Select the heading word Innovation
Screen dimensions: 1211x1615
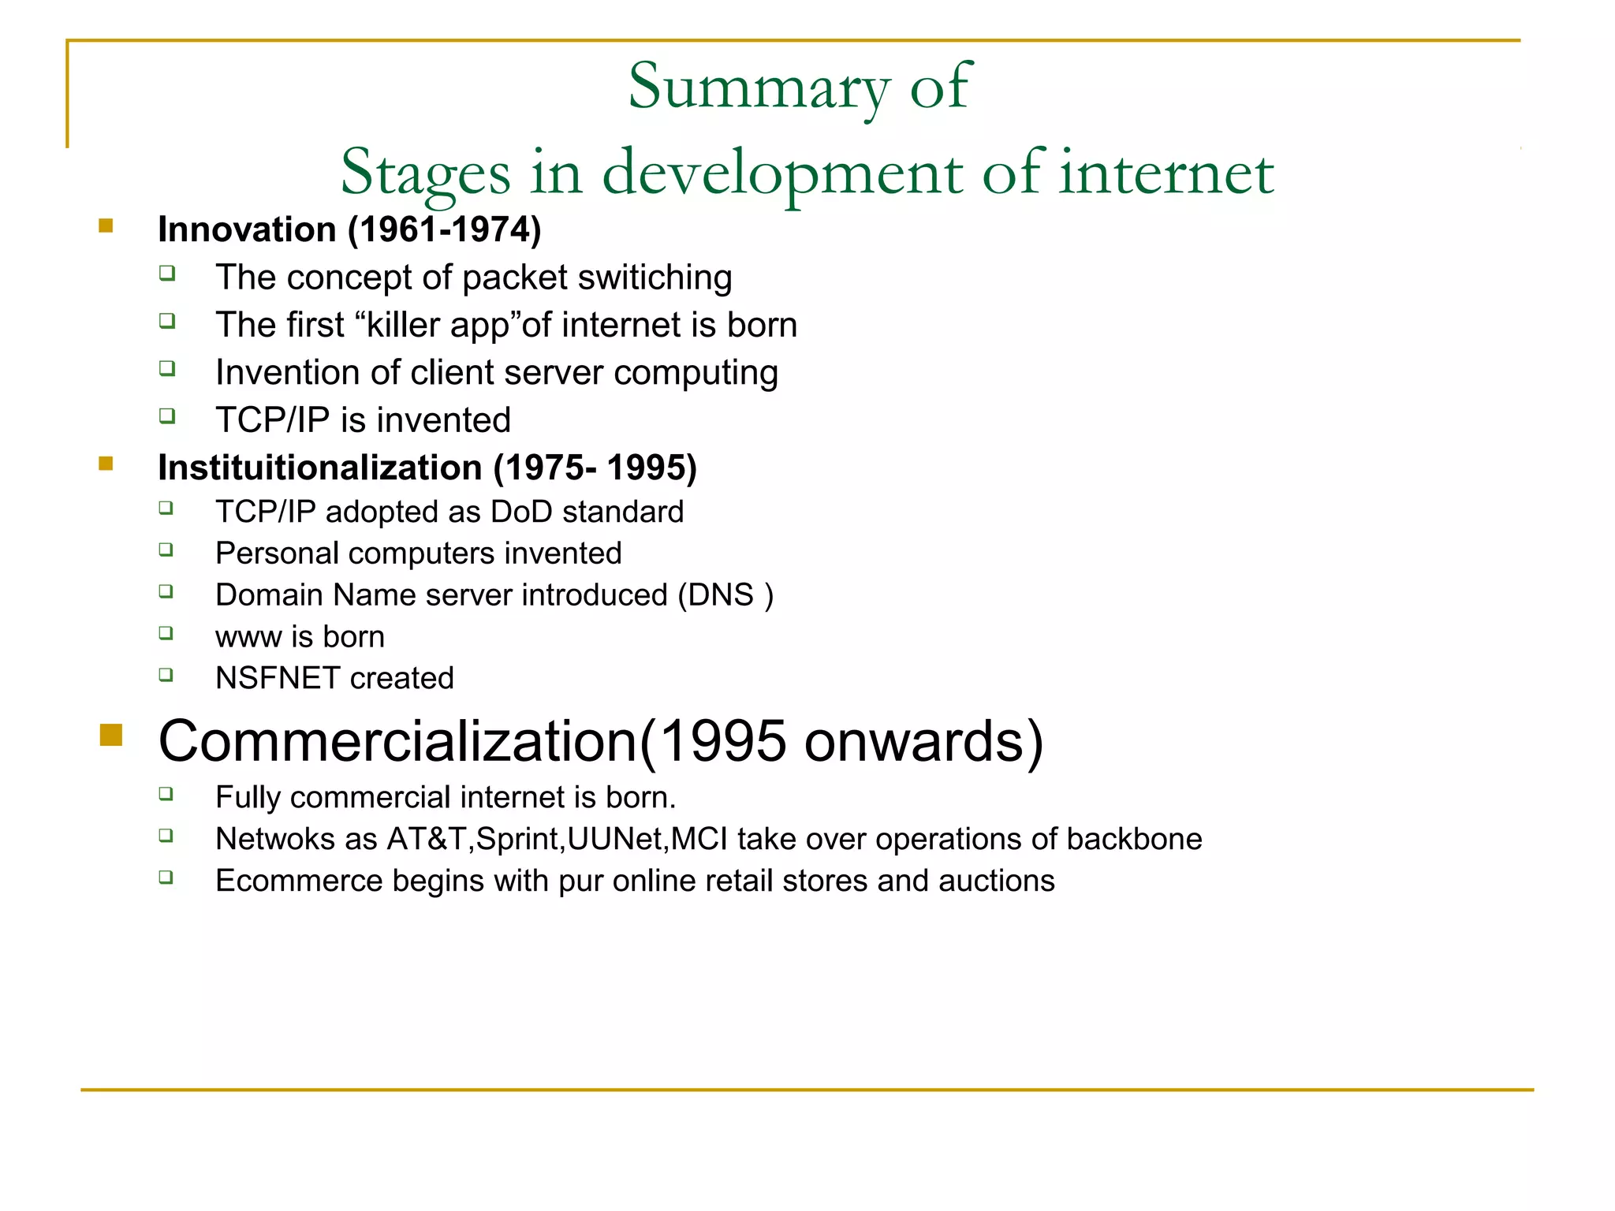point(247,230)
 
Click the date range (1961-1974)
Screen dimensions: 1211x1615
point(445,230)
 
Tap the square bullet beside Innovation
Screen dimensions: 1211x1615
point(106,227)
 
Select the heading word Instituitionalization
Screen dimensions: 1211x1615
point(319,468)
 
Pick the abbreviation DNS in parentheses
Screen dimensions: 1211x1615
point(721,595)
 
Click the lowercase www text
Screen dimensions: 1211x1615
point(248,637)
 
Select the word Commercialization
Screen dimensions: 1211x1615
point(397,742)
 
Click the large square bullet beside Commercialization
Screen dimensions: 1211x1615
point(111,735)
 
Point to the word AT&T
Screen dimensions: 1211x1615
point(428,840)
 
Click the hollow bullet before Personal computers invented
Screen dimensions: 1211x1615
point(166,550)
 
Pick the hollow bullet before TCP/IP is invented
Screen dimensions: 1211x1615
point(166,415)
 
